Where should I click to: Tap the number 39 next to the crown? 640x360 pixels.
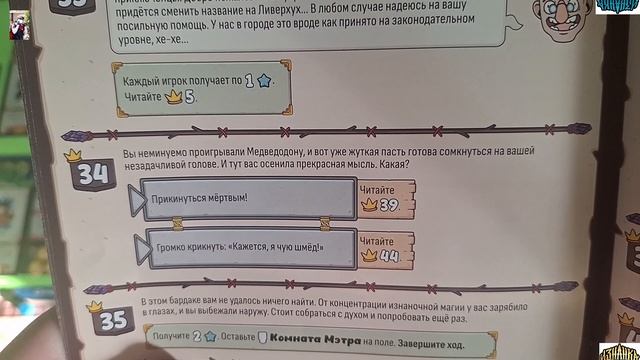pyautogui.click(x=389, y=204)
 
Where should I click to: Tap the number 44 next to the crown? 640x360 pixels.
pyautogui.click(x=389, y=255)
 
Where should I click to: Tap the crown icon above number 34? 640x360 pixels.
pyautogui.click(x=72, y=156)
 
